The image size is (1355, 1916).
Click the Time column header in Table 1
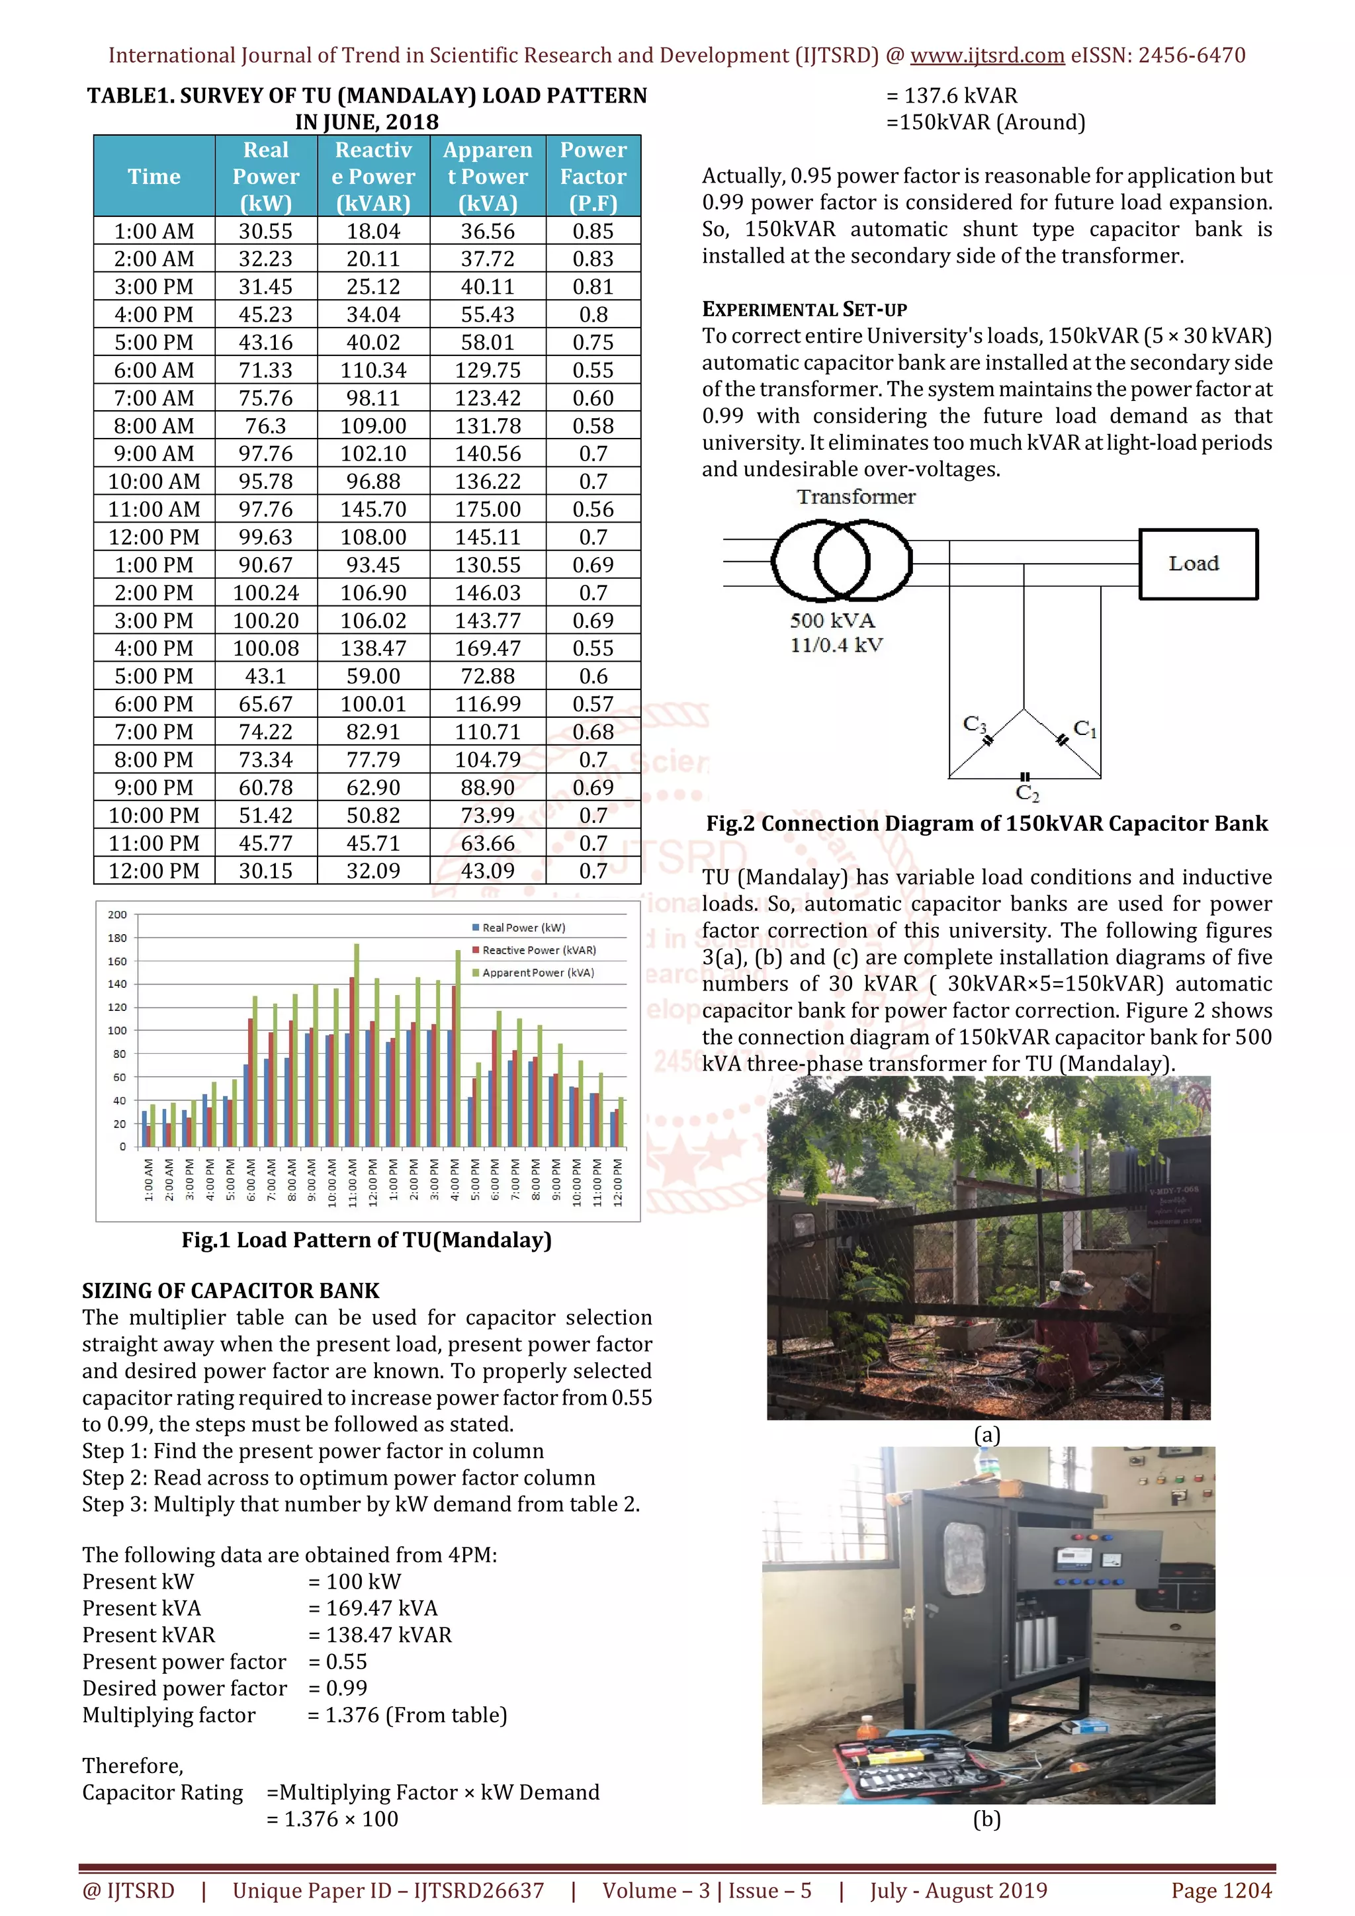click(x=153, y=176)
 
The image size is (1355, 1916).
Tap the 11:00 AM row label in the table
click(x=153, y=509)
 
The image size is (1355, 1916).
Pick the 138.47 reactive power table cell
click(x=373, y=648)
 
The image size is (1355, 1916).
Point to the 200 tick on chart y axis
click(x=117, y=914)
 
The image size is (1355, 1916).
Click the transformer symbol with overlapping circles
click(x=841, y=561)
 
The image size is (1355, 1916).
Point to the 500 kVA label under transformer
click(x=832, y=621)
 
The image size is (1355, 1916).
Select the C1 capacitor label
click(x=1084, y=728)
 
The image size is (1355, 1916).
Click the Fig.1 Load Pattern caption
click(x=367, y=1240)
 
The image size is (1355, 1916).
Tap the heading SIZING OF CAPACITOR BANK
click(x=230, y=1291)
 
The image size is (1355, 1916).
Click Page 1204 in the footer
click(x=1221, y=1890)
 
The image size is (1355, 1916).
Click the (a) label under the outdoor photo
click(x=987, y=1434)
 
